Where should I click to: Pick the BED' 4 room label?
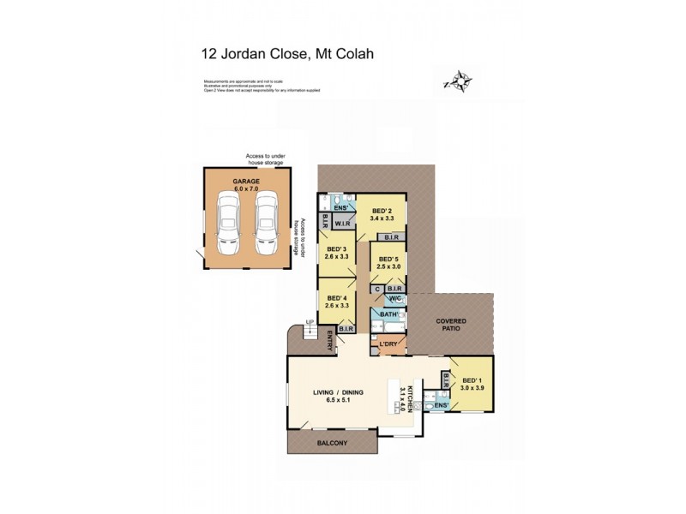tap(335, 298)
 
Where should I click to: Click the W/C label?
tap(394, 300)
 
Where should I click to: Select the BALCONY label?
tap(330, 442)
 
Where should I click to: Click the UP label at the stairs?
tap(310, 324)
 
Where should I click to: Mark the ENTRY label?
tap(330, 344)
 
